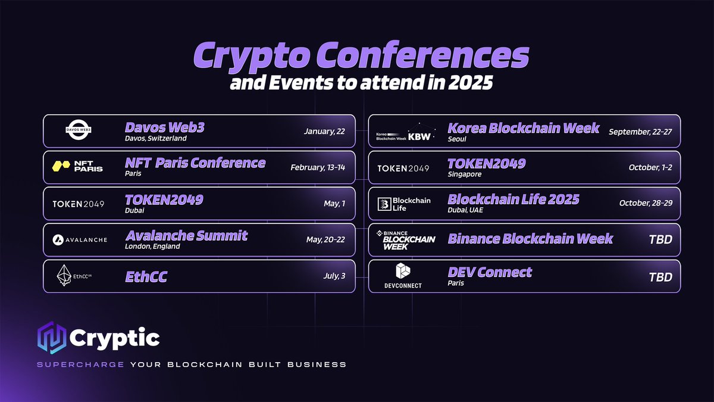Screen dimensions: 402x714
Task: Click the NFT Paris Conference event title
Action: click(x=195, y=163)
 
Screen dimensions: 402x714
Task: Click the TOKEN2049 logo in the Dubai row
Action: click(x=78, y=204)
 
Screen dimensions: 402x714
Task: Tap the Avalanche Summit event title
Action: click(x=186, y=235)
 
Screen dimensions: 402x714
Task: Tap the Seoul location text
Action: click(x=457, y=138)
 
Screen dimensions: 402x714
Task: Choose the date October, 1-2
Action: click(x=650, y=168)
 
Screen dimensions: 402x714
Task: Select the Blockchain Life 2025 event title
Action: click(x=513, y=200)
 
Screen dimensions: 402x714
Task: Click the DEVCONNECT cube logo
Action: click(x=403, y=272)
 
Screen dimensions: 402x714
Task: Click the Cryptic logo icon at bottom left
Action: click(x=49, y=338)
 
